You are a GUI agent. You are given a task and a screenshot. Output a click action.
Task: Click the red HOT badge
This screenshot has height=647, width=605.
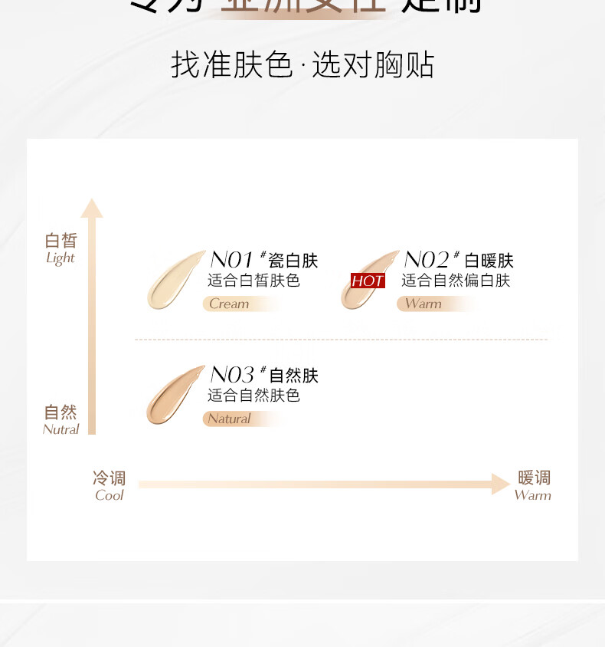[x=368, y=281]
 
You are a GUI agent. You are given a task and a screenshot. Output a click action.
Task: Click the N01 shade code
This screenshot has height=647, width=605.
[x=232, y=260]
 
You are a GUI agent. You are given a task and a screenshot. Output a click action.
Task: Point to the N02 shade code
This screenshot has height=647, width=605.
[x=426, y=260]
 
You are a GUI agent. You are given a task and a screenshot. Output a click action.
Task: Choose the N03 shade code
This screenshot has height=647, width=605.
[x=232, y=375]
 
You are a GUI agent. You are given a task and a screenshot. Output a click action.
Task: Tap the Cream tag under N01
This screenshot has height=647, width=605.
[x=230, y=304]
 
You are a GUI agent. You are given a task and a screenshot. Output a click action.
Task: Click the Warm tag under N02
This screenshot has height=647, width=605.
[x=423, y=304]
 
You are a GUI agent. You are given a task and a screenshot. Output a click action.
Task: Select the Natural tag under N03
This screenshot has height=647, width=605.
[x=229, y=419]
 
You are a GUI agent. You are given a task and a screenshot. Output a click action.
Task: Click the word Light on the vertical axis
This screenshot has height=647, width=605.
[x=60, y=258]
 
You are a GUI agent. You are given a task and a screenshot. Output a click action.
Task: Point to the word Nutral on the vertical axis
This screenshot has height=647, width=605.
[x=61, y=429]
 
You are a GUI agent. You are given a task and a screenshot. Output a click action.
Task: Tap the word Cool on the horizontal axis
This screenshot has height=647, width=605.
[x=110, y=495]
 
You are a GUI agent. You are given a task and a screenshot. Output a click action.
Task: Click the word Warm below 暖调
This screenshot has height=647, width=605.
[x=532, y=495]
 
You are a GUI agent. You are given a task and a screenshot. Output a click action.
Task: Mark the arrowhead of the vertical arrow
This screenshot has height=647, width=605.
[x=92, y=208]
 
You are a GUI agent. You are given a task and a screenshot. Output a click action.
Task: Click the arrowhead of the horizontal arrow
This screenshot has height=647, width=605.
[x=501, y=484]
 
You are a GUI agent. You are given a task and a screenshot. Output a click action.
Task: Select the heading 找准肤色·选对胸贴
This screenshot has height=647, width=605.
[x=302, y=65]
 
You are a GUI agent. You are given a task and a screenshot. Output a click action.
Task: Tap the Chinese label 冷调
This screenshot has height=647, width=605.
[x=110, y=478]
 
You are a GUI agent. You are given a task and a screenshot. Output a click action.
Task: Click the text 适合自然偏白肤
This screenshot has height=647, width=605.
[x=456, y=281]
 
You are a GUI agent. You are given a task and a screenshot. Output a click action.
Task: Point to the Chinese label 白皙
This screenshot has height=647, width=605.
[x=61, y=241]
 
